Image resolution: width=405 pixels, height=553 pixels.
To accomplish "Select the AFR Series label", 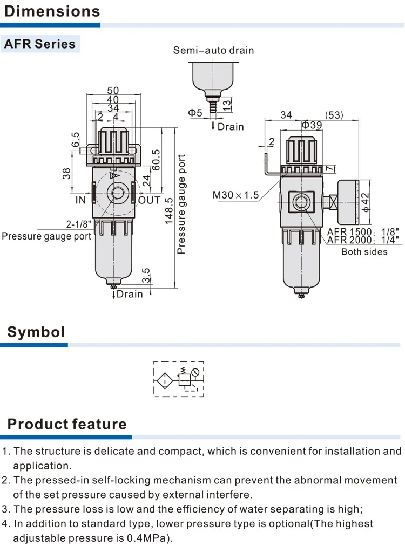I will pyautogui.click(x=40, y=44).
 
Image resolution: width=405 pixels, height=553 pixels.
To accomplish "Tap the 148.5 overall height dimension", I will pyautogui.click(x=169, y=210).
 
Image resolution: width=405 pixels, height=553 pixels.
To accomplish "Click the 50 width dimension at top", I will pyautogui.click(x=113, y=90).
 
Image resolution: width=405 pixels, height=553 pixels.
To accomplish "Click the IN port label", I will pyautogui.click(x=80, y=200).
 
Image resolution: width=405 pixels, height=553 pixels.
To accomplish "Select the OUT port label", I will pyautogui.click(x=150, y=200).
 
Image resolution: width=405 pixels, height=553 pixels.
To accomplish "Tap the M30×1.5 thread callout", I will pyautogui.click(x=236, y=195).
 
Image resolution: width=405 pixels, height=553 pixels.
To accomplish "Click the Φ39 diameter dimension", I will pyautogui.click(x=311, y=125).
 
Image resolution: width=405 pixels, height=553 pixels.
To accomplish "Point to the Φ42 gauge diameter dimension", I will pyautogui.click(x=366, y=203).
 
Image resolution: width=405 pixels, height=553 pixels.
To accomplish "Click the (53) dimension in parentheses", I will pyautogui.click(x=334, y=115).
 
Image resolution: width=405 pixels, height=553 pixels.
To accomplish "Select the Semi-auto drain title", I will pyautogui.click(x=213, y=50).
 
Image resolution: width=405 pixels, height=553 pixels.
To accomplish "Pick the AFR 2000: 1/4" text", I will pyautogui.click(x=362, y=240).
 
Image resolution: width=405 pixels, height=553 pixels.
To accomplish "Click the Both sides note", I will pyautogui.click(x=364, y=252).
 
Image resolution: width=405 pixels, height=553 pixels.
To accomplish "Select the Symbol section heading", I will pyautogui.click(x=36, y=332).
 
